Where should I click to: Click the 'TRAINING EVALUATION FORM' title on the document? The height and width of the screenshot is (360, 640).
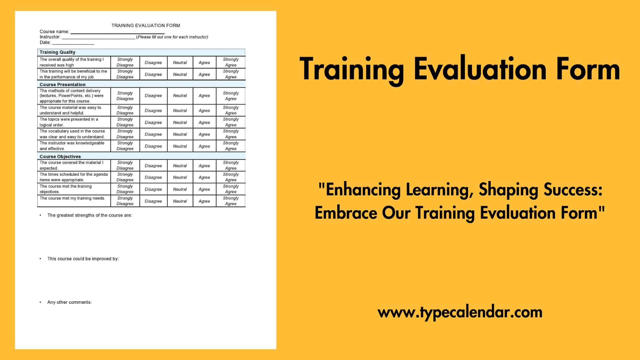pyautogui.click(x=146, y=25)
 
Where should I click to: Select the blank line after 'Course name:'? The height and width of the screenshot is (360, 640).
pyautogui.click(x=117, y=32)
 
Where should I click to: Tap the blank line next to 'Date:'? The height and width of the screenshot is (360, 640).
pyautogui.click(x=73, y=43)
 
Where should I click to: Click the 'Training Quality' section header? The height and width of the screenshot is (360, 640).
pyautogui.click(x=57, y=52)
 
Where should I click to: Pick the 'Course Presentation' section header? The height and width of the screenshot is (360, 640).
pyautogui.click(x=62, y=85)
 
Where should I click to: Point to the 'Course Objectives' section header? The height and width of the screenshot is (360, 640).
pyautogui.click(x=60, y=157)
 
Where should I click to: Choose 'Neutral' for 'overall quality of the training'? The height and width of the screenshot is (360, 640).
pyautogui.click(x=180, y=62)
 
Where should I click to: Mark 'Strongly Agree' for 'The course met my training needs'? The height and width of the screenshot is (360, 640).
pyautogui.click(x=231, y=201)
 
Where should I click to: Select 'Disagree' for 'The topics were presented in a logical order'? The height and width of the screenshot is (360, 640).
pyautogui.click(x=153, y=122)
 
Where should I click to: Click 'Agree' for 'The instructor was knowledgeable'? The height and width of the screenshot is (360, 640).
pyautogui.click(x=204, y=146)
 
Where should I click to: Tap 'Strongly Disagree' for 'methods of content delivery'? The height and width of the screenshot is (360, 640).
pyautogui.click(x=125, y=96)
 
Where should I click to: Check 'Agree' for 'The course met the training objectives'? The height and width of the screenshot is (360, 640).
pyautogui.click(x=204, y=189)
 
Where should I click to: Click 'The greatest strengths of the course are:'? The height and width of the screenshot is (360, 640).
pyautogui.click(x=89, y=215)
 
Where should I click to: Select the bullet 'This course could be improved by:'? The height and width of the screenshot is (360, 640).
pyautogui.click(x=83, y=259)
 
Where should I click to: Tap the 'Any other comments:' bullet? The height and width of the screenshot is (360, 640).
pyautogui.click(x=69, y=302)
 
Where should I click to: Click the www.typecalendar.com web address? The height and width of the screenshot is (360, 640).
pyautogui.click(x=460, y=312)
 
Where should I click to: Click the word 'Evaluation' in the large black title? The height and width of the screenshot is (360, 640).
pyautogui.click(x=480, y=69)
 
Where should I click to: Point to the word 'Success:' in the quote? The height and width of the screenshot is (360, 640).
pyautogui.click(x=573, y=190)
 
